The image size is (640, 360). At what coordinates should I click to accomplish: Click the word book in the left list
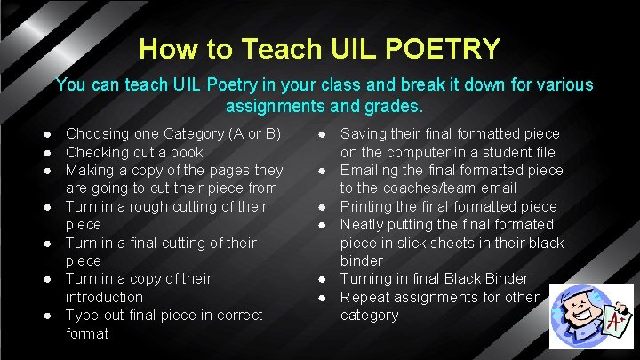point(186,152)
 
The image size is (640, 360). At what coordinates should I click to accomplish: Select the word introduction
point(104,297)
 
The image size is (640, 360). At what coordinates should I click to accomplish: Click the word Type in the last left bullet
point(83,315)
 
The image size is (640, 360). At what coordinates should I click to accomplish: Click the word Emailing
point(371,170)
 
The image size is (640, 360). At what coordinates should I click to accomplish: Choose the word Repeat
point(364,297)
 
